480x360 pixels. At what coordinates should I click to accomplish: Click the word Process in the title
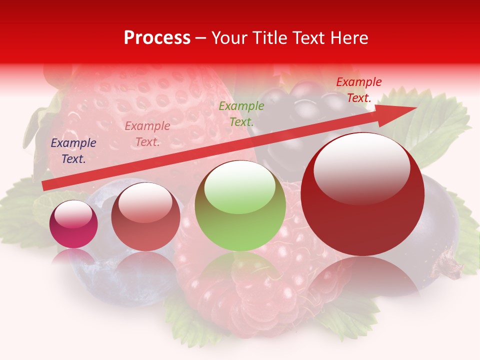(x=157, y=38)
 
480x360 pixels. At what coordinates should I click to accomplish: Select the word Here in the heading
(x=349, y=38)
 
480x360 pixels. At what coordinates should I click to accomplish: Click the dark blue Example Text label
(x=73, y=151)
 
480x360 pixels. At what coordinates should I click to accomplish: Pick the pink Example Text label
(x=147, y=134)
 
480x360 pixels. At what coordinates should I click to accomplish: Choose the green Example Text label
(x=241, y=113)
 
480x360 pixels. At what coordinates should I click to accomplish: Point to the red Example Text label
(x=358, y=90)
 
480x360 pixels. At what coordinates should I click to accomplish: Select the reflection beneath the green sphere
(x=240, y=272)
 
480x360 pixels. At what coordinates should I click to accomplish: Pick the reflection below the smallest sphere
(x=73, y=257)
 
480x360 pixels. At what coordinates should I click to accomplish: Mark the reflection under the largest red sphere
(x=362, y=280)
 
